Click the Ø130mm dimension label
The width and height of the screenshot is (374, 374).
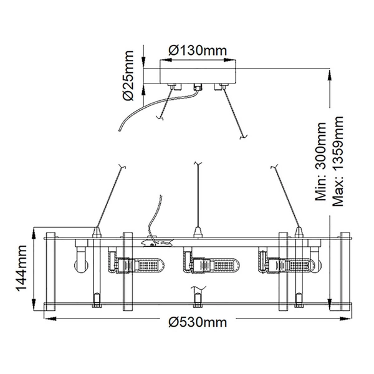198,50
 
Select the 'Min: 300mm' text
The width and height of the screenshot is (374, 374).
322,161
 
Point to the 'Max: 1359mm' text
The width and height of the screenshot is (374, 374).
338,160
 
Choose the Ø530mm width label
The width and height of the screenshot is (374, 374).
198,322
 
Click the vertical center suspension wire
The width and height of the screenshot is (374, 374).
198,193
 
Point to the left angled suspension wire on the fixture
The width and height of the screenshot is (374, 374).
110,196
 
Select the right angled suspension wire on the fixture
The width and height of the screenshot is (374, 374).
285,196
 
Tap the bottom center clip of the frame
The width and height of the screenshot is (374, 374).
198,300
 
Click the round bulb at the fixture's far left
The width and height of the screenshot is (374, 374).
79,266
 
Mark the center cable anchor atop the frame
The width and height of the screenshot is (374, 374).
198,233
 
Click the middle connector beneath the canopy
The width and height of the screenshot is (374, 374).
197,87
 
